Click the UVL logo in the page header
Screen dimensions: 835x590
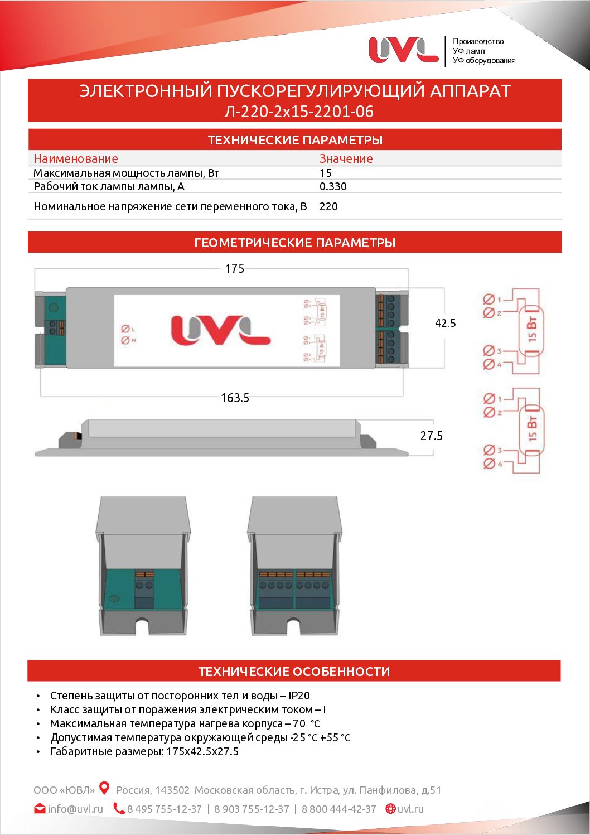pyautogui.click(x=403, y=50)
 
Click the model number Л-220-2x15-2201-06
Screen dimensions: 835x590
pyautogui.click(x=298, y=112)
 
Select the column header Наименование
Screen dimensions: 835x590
pyautogui.click(x=76, y=158)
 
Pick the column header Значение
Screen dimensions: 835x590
pyautogui.click(x=346, y=158)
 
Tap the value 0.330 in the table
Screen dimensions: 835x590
pyautogui.click(x=333, y=186)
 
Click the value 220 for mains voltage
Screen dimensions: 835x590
pyautogui.click(x=328, y=206)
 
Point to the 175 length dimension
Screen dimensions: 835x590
pyautogui.click(x=235, y=269)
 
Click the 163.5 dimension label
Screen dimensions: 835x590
pyautogui.click(x=235, y=398)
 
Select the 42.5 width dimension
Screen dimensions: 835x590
pyautogui.click(x=445, y=323)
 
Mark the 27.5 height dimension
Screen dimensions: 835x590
pyautogui.click(x=431, y=436)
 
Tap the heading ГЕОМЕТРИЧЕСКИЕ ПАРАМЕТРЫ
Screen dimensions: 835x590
pyautogui.click(x=294, y=243)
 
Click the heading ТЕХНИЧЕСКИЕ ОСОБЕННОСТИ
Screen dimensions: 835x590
pyautogui.click(x=294, y=672)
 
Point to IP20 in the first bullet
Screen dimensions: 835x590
pyautogui.click(x=299, y=696)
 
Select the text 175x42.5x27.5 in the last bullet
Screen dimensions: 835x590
pyautogui.click(x=202, y=751)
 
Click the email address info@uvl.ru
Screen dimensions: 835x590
pyautogui.click(x=75, y=809)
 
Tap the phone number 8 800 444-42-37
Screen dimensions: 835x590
pyautogui.click(x=339, y=809)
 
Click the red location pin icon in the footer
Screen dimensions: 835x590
pyautogui.click(x=104, y=788)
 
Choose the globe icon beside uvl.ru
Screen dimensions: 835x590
pyautogui.click(x=390, y=808)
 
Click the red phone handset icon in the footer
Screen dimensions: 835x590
pyautogui.click(x=119, y=808)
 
